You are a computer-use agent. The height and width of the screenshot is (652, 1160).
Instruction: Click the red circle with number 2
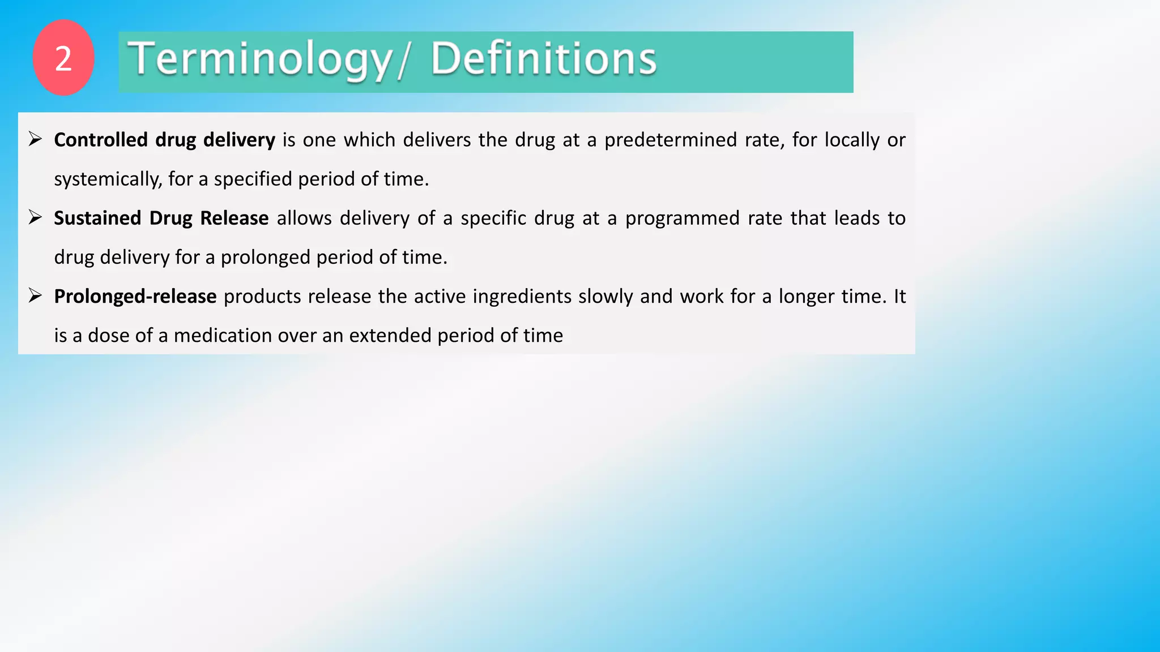(x=63, y=58)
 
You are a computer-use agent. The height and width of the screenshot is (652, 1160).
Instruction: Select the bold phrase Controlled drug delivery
(x=164, y=140)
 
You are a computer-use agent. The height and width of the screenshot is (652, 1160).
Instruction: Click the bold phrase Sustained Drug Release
(x=161, y=218)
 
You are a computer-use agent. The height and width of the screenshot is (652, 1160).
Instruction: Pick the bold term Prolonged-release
(x=135, y=297)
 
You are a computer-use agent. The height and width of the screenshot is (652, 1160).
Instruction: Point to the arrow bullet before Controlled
(x=36, y=139)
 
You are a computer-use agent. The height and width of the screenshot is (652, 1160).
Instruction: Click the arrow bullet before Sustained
(x=36, y=217)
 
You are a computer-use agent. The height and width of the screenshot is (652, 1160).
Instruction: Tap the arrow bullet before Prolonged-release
(x=36, y=295)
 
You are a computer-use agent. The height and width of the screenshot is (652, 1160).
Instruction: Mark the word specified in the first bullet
(x=253, y=179)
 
